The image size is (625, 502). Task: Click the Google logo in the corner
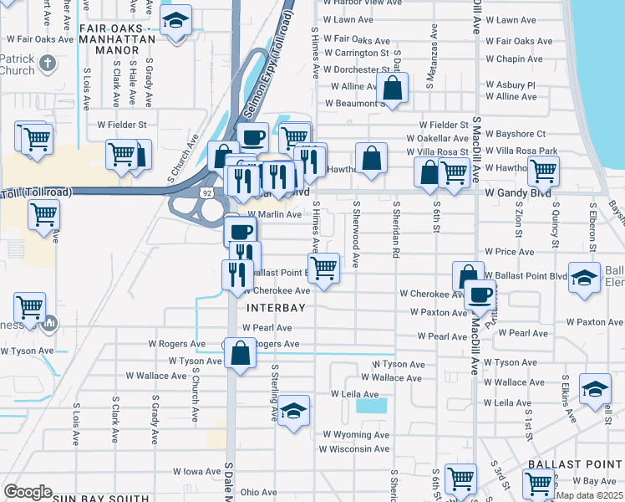[x=28, y=492]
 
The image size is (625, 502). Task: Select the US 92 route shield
[x=216, y=192]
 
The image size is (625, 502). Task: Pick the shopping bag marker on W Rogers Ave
[x=241, y=352]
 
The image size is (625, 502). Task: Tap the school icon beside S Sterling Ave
[x=292, y=412]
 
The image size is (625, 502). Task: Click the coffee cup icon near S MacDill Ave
[x=480, y=295]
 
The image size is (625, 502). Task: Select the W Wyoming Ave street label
[x=357, y=435]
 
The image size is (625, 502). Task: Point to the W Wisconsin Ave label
[x=355, y=449]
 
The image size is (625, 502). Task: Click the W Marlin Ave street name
[x=273, y=215]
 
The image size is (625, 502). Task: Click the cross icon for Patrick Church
[x=48, y=63]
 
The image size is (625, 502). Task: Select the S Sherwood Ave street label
[x=357, y=233]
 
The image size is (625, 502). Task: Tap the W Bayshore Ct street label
[x=517, y=134]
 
